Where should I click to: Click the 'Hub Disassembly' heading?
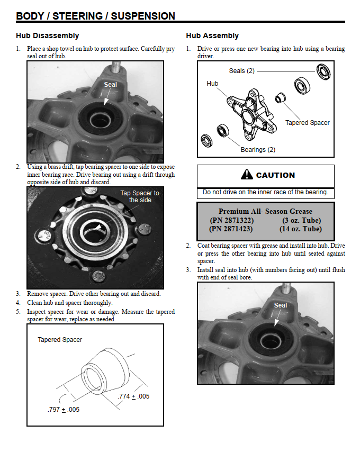pyautogui.click(x=48, y=36)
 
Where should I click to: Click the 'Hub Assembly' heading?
pyautogui.click(x=212, y=36)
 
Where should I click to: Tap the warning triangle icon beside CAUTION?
pyautogui.click(x=247, y=175)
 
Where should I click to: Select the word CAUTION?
pyautogui.click(x=275, y=175)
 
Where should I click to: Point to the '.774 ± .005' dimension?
pyautogui.click(x=133, y=396)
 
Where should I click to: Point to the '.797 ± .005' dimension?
pyautogui.click(x=64, y=409)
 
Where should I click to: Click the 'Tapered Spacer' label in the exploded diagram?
pyautogui.click(x=307, y=123)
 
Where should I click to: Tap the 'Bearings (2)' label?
pyautogui.click(x=258, y=150)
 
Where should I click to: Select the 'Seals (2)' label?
pyautogui.click(x=242, y=71)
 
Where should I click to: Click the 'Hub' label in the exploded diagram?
pyautogui.click(x=212, y=84)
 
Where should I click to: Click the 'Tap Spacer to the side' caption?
pyautogui.click(x=140, y=196)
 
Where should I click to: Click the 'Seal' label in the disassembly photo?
pyautogui.click(x=110, y=85)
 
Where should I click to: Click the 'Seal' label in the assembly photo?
pyautogui.click(x=281, y=305)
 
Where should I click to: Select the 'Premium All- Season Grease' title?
pyautogui.click(x=265, y=211)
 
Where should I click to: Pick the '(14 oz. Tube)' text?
pyautogui.click(x=300, y=229)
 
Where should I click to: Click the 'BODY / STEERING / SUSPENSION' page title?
pyautogui.click(x=95, y=16)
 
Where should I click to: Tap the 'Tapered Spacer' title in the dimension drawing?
pyautogui.click(x=60, y=340)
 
